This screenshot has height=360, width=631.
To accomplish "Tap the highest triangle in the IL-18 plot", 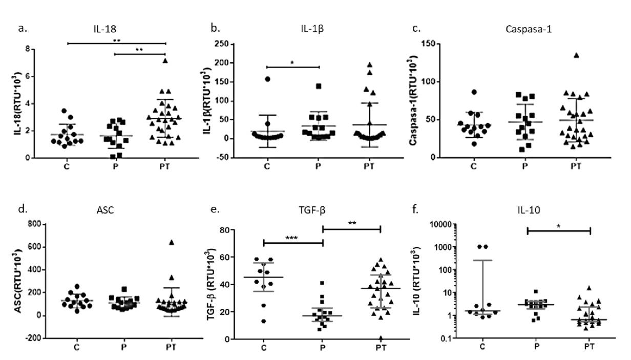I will coord(165,61).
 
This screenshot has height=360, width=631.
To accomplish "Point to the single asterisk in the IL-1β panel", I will coord(292,62).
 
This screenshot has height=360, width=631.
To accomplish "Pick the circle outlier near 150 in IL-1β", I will coord(267,79).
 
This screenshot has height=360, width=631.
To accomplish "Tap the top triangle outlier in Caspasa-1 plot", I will coord(576,55).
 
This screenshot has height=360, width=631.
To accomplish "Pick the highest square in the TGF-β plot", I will coord(322,283).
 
